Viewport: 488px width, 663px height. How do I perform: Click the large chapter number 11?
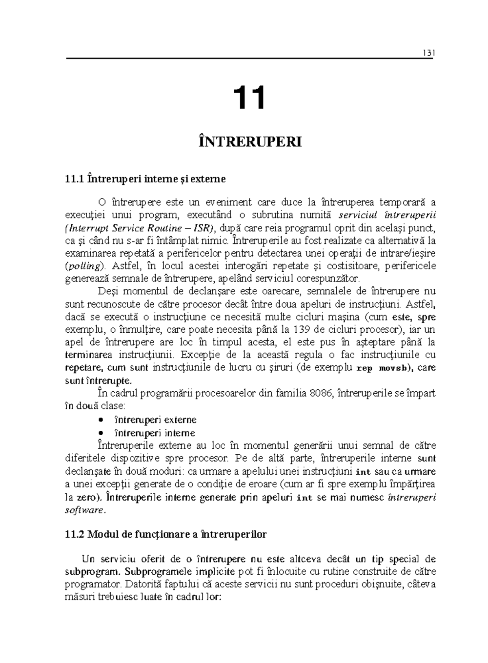click(249, 98)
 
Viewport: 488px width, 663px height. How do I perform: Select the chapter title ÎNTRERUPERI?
click(250, 142)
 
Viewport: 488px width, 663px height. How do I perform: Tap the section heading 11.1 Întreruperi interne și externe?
click(145, 179)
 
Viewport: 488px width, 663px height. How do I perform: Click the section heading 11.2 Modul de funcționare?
click(166, 534)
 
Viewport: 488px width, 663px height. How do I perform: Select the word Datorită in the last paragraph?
click(145, 585)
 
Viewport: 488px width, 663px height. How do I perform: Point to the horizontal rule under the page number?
click(249, 59)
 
